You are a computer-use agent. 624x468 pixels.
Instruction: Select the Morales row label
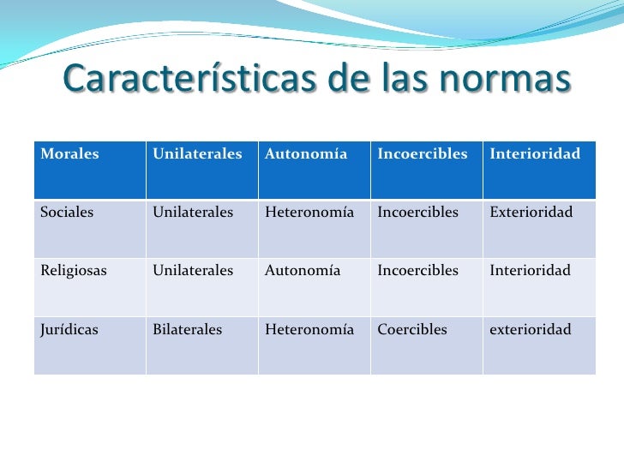69,154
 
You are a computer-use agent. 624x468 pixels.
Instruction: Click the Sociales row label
67,213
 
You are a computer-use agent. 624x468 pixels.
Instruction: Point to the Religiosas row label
74,271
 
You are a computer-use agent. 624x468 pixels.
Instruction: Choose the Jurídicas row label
69,329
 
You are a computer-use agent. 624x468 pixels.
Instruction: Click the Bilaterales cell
188,329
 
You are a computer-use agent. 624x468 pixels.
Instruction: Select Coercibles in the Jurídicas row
412,329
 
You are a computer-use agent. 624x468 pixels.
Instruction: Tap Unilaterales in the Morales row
197,154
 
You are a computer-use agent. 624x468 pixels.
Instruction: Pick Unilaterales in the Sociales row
193,213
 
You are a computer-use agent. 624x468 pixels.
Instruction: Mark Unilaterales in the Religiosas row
193,271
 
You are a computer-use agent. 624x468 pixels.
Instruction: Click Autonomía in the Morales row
306,154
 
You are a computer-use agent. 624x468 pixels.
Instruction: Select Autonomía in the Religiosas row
303,271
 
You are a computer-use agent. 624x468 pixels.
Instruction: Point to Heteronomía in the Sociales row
309,213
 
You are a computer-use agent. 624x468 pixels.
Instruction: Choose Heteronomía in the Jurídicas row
309,329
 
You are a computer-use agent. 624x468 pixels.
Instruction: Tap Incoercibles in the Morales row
423,154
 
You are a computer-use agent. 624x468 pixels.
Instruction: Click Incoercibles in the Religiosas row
418,271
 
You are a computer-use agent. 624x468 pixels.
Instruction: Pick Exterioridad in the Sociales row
531,213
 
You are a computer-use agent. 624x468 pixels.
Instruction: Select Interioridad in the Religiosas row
530,271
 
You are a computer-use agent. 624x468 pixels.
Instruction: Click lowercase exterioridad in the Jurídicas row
530,329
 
